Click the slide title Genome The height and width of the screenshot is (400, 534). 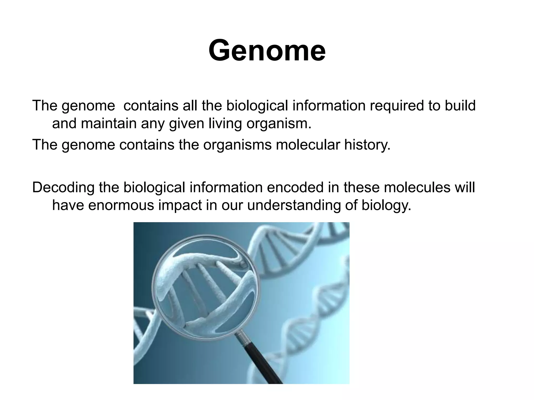pos(267,50)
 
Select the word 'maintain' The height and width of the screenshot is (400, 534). pos(108,123)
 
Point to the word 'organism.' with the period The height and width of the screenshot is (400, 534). pos(279,124)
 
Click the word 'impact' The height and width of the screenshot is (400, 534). pos(180,206)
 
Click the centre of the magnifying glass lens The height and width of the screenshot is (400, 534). pos(206,288)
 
